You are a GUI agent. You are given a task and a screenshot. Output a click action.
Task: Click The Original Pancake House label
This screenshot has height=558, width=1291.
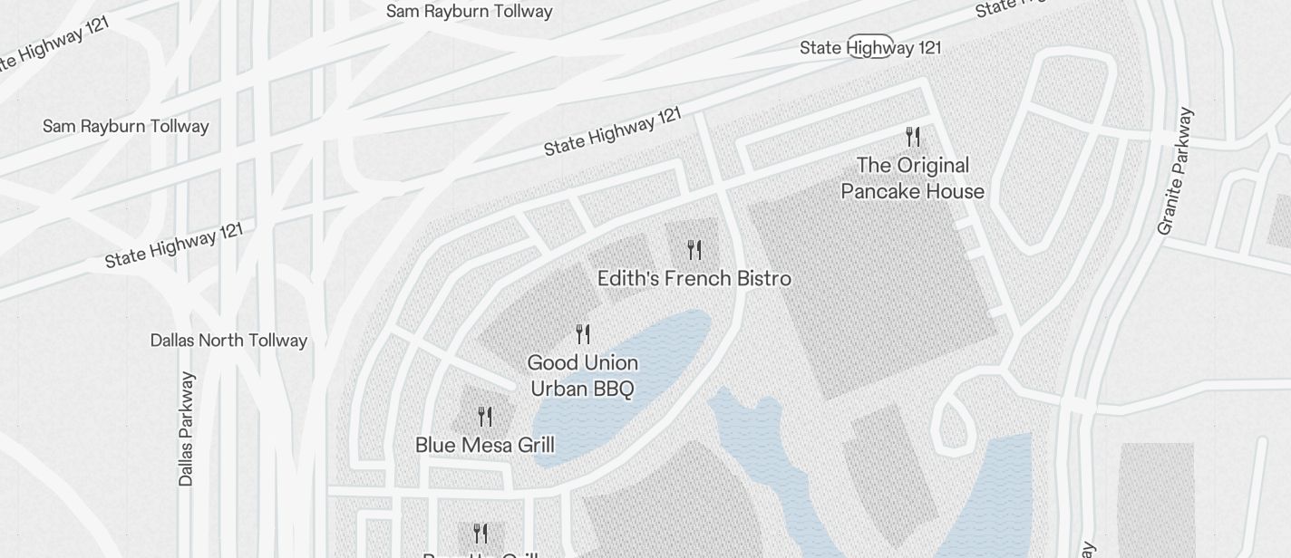click(912, 178)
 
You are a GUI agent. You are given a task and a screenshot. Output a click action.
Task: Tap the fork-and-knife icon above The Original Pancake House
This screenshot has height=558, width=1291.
click(913, 137)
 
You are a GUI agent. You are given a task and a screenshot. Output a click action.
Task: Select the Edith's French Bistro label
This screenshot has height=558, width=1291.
click(694, 278)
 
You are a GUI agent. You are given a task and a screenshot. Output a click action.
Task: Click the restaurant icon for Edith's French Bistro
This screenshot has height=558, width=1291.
click(694, 249)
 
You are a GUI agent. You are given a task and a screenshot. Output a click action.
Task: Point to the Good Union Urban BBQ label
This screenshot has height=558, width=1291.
click(582, 376)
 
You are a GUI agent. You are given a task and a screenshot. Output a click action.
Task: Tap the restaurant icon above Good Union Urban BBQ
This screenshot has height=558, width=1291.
click(583, 334)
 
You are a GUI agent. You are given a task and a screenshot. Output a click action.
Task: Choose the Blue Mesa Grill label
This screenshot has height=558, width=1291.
click(484, 445)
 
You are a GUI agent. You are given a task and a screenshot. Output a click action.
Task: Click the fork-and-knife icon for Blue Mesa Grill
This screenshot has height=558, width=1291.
click(485, 417)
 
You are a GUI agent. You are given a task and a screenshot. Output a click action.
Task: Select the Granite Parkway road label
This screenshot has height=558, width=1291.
click(1175, 172)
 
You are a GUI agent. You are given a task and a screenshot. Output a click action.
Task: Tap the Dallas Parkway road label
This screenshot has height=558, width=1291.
click(186, 428)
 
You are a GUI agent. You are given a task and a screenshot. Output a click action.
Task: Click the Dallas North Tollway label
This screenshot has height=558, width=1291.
click(228, 341)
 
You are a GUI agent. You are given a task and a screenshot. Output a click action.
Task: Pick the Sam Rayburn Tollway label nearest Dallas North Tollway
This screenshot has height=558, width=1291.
click(125, 126)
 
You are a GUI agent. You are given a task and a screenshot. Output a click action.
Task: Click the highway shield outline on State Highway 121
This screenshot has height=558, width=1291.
click(870, 46)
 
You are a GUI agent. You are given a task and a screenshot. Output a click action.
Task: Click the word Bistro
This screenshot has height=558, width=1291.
click(762, 278)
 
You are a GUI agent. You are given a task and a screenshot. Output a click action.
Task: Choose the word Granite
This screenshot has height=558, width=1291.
click(1170, 204)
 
